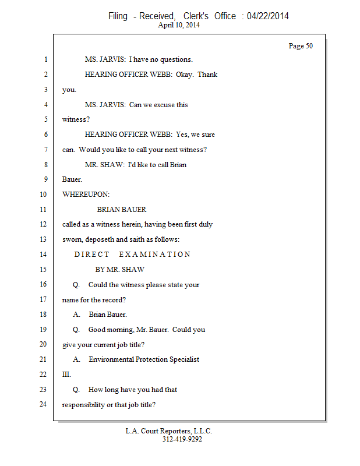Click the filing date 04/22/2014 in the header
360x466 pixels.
(x=267, y=16)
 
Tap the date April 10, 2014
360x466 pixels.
(x=179, y=25)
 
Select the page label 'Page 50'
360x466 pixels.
(x=301, y=46)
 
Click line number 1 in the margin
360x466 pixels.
(x=46, y=59)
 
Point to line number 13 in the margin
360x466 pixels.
(x=43, y=239)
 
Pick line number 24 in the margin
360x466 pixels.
(x=43, y=404)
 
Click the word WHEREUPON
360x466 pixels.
(x=86, y=195)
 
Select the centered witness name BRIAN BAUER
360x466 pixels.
(x=122, y=210)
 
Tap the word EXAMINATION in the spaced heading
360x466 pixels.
(x=154, y=255)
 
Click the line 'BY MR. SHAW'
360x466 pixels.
(x=120, y=270)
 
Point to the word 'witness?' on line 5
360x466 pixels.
(x=76, y=119)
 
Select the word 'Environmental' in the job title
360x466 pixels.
(x=111, y=359)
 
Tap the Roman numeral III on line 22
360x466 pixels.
(x=66, y=375)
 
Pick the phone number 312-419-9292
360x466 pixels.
(x=182, y=439)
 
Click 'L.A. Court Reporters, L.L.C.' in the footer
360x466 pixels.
(x=168, y=431)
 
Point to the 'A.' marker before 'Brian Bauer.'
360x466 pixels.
(x=76, y=315)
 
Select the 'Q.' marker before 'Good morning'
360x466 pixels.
(x=76, y=330)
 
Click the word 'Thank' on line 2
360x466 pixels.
(x=207, y=75)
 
